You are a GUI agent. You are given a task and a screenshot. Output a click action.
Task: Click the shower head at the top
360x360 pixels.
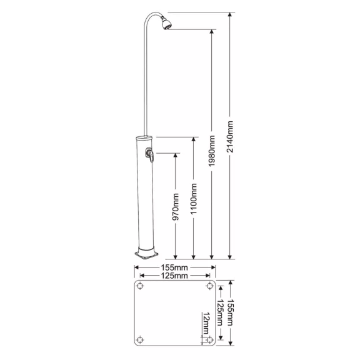point(166,23)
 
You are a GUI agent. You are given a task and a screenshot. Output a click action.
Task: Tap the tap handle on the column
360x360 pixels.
point(150,155)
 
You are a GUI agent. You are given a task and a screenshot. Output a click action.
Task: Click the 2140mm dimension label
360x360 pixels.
point(230,137)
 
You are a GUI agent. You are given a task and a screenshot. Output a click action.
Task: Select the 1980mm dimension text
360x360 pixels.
point(211,151)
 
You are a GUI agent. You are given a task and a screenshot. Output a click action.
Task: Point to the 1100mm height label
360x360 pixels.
point(194,199)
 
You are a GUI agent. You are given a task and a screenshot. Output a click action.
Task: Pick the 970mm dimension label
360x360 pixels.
point(176,207)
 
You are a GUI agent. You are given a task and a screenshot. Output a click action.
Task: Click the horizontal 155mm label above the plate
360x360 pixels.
point(174,267)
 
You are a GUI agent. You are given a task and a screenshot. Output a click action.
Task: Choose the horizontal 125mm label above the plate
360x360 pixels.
point(174,276)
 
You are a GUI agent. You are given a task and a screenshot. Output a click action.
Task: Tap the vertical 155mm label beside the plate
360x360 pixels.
point(230,312)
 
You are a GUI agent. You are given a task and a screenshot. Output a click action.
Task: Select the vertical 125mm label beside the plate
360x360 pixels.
point(220,312)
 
